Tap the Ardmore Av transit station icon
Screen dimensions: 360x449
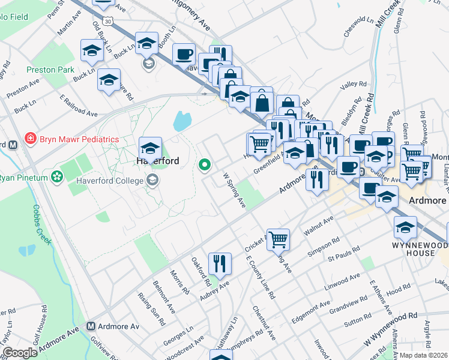(x=92, y=326)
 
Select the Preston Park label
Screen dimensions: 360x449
(x=50, y=70)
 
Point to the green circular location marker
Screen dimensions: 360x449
(x=205, y=164)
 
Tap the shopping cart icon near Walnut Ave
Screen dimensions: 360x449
(x=278, y=239)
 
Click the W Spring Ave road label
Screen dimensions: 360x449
(x=235, y=191)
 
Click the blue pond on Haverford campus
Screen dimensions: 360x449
(x=182, y=122)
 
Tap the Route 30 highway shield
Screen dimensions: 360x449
(x=107, y=21)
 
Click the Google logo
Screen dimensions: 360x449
(x=19, y=353)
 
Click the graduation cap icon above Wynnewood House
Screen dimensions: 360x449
(x=405, y=227)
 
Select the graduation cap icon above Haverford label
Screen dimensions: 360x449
(x=150, y=147)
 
